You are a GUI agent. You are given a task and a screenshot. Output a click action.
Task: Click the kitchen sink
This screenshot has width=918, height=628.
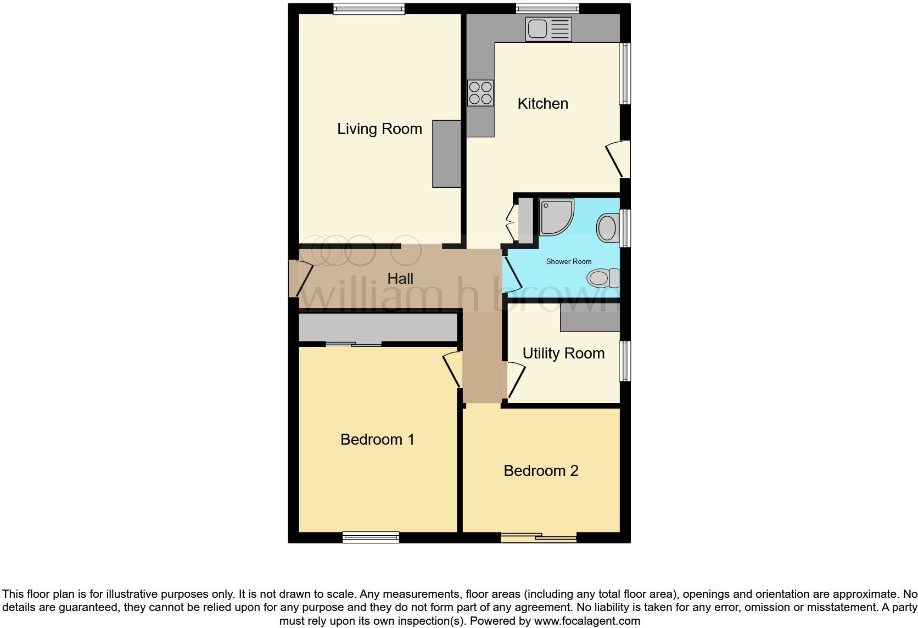548,29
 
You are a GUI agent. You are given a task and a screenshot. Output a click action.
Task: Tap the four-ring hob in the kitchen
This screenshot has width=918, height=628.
480,93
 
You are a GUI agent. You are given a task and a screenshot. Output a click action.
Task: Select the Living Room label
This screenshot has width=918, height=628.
379,129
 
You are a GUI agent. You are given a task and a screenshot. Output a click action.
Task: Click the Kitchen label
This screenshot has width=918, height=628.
542,104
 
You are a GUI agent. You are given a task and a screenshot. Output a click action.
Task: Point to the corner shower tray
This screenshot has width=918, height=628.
556,217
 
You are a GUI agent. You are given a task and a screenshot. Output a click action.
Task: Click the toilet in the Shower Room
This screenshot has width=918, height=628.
602,278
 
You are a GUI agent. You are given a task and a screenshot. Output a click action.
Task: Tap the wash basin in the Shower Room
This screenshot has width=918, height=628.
607,228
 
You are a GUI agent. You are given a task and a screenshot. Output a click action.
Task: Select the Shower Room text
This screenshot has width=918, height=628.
568,262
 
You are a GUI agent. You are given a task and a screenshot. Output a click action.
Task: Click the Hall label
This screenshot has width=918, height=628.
400,279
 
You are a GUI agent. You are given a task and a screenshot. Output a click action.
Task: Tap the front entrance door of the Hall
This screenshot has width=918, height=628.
299,278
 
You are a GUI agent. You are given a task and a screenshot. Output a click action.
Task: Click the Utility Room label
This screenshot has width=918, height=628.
563,354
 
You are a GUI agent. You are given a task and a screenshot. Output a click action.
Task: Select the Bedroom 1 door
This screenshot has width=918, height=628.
452,369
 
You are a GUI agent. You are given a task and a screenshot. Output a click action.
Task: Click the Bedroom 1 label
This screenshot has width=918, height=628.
377,440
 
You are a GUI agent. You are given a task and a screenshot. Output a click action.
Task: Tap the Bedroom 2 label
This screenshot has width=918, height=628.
541,471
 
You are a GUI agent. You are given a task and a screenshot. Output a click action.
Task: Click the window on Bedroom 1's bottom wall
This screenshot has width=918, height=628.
371,537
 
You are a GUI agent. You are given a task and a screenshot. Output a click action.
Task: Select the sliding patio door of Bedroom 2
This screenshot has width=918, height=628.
539,538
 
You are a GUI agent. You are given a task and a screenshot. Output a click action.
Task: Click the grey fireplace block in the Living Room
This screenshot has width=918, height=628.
446,154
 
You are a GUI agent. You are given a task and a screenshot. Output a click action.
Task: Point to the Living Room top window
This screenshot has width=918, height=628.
368,9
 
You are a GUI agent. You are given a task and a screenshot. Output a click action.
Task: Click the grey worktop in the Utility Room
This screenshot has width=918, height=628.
590,318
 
